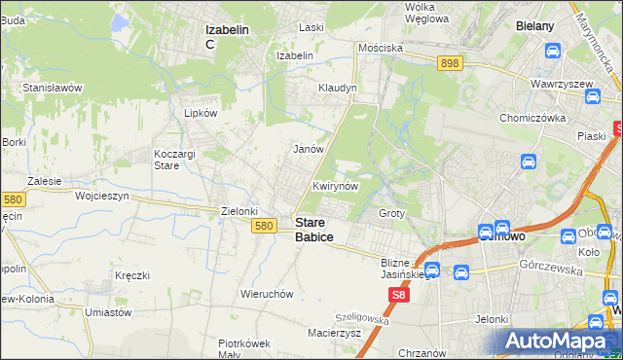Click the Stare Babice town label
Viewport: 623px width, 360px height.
[313, 230]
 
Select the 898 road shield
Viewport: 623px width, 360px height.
[449, 63]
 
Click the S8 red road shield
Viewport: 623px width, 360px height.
[398, 293]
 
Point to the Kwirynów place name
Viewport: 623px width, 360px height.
[336, 186]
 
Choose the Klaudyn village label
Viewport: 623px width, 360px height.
[338, 88]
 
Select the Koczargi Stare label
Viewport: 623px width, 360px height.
[181, 161]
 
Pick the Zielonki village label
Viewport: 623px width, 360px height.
[239, 211]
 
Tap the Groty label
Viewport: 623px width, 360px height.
[391, 213]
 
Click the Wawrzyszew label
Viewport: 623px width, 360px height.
[562, 84]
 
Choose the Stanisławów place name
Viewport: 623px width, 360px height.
[53, 88]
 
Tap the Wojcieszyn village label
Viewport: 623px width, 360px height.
[102, 196]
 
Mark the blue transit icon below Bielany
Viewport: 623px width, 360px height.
[552, 51]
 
